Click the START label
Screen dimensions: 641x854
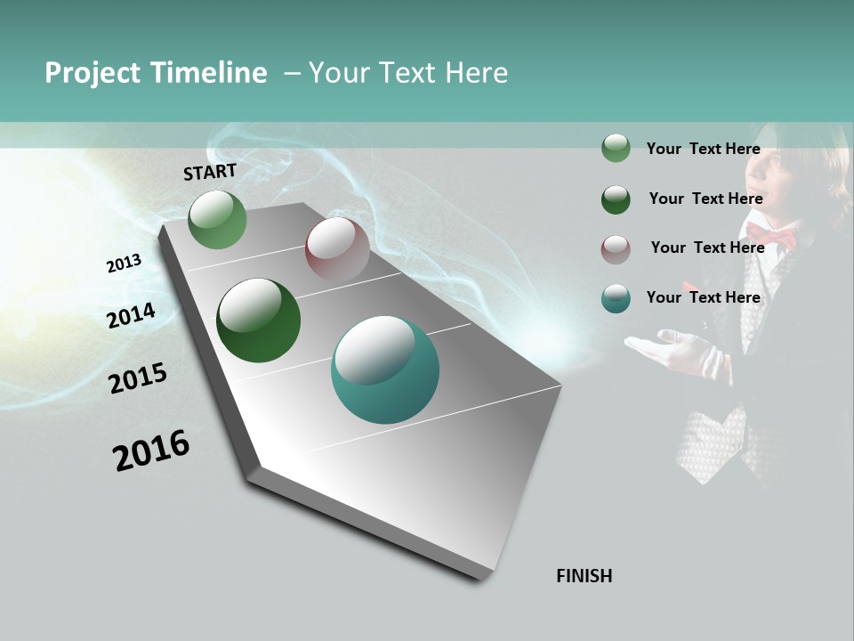click(210, 172)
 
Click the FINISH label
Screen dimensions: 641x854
click(584, 576)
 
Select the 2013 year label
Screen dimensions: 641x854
click(125, 264)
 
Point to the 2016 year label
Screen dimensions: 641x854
click(151, 450)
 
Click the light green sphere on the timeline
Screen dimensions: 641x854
click(217, 219)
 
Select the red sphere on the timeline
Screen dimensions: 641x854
click(337, 249)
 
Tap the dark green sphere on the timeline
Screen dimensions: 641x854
click(258, 320)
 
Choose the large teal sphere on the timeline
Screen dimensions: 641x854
click(385, 369)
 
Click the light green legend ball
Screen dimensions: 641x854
click(616, 149)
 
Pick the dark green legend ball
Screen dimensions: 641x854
click(616, 199)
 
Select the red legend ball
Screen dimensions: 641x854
click(616, 249)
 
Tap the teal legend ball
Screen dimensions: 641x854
click(616, 298)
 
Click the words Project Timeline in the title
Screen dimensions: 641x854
click(156, 73)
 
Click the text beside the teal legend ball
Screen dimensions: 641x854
click(703, 297)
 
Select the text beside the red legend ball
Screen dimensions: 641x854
click(707, 247)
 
